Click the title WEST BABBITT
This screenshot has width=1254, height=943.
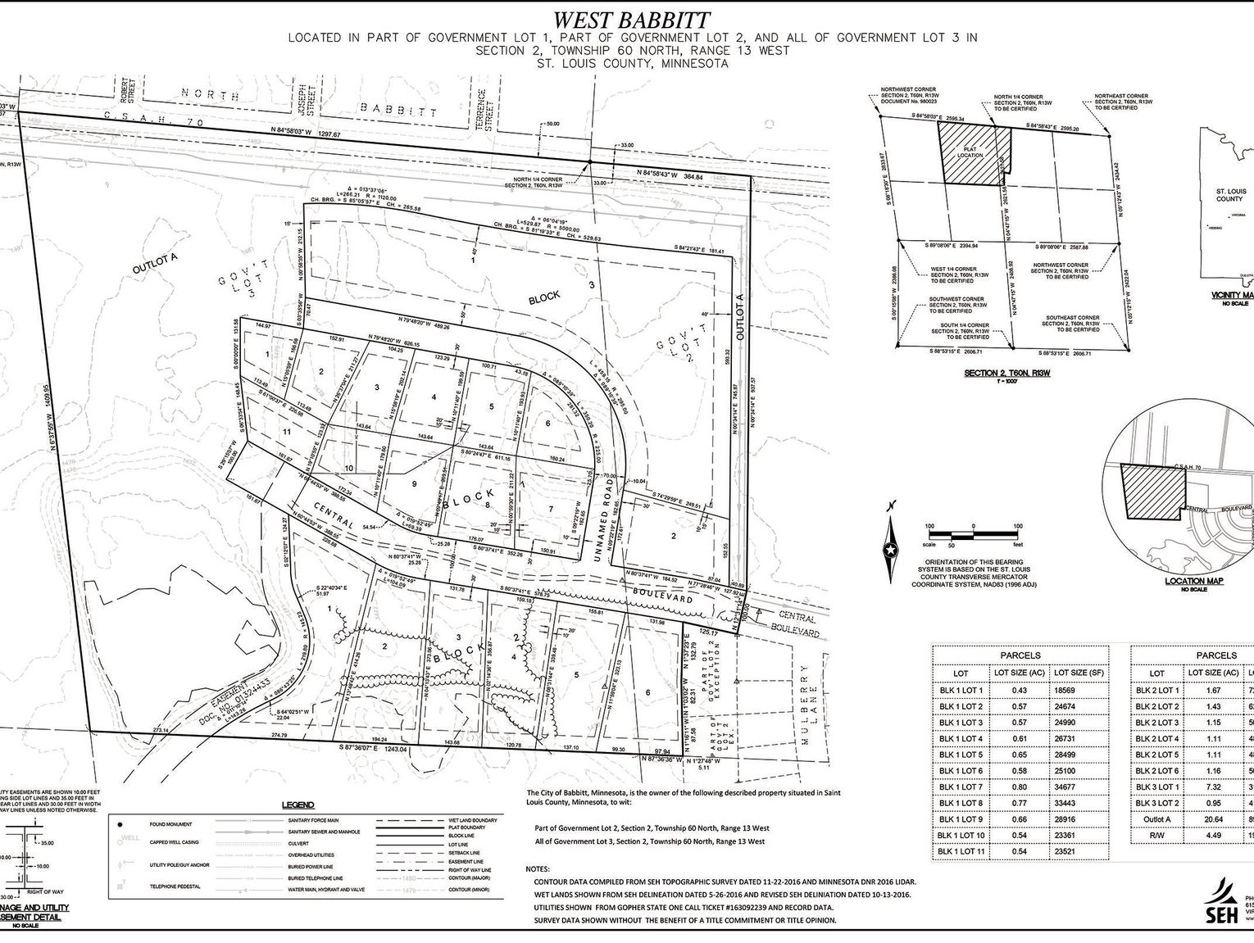[x=630, y=20]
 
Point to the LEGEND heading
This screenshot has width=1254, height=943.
[x=298, y=805]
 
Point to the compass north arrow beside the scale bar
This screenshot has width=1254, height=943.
[x=888, y=551]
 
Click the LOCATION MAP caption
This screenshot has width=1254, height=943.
[x=1193, y=580]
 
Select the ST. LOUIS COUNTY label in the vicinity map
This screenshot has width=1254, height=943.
[x=1229, y=195]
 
